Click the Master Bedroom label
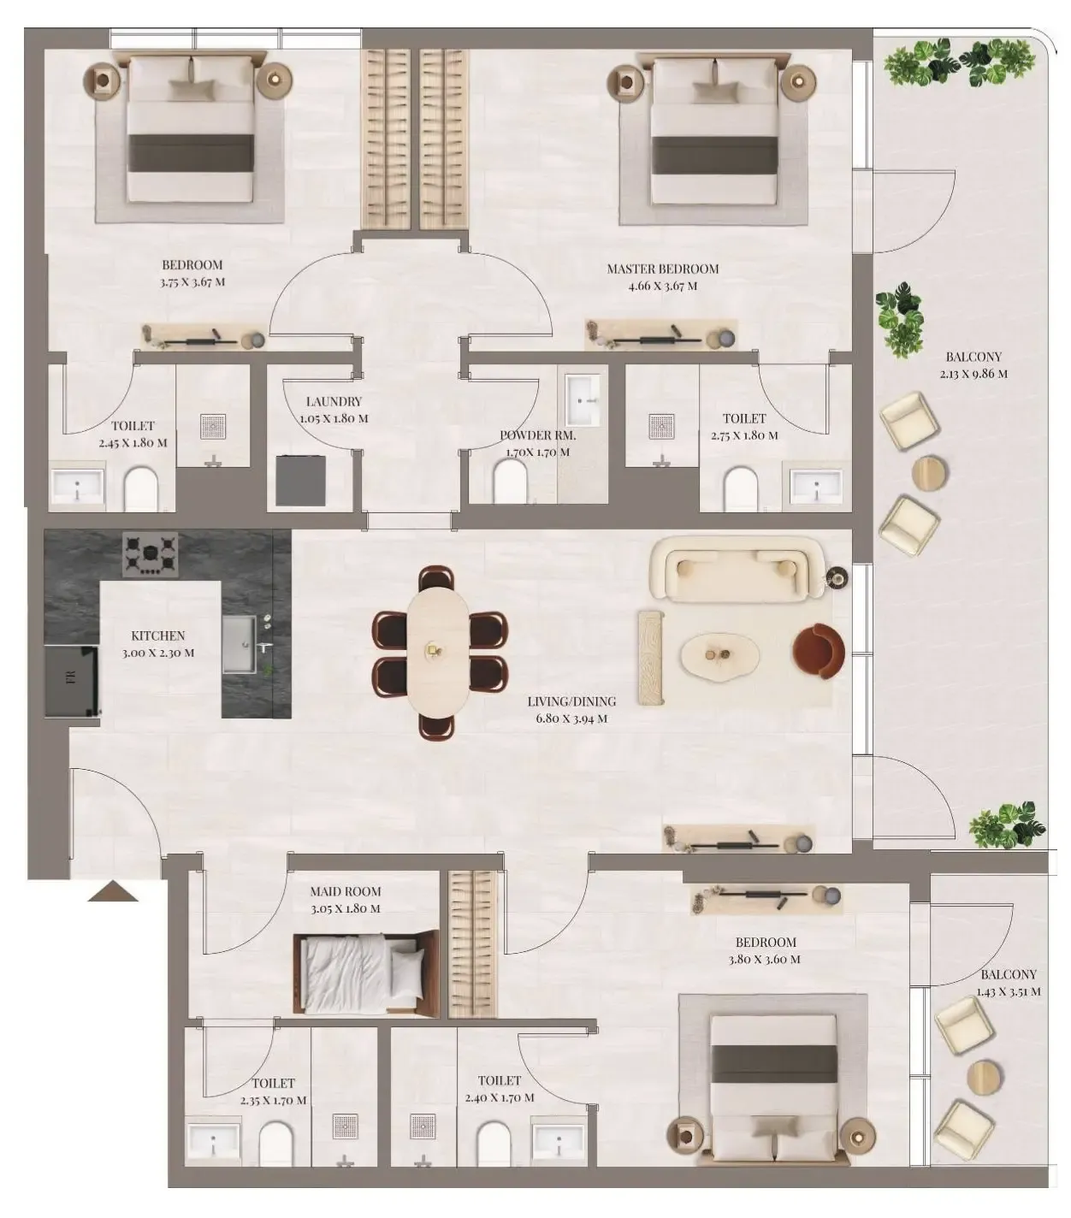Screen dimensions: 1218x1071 tap(662, 269)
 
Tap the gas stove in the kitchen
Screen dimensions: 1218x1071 tap(151, 554)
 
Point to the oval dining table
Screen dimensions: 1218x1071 tap(439, 651)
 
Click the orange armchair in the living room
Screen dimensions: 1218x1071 tap(819, 652)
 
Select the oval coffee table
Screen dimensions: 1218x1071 tap(719, 655)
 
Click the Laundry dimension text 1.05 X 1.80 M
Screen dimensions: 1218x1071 tap(334, 419)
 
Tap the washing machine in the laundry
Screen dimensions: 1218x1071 tap(300, 480)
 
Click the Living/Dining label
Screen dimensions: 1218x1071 tap(571, 701)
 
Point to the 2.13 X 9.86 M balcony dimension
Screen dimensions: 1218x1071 tap(973, 374)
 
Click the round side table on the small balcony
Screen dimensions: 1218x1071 tap(984, 1077)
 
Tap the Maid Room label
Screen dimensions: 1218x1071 tap(346, 891)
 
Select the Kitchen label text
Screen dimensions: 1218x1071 tap(158, 636)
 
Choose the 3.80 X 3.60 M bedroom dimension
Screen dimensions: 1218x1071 tap(765, 960)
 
